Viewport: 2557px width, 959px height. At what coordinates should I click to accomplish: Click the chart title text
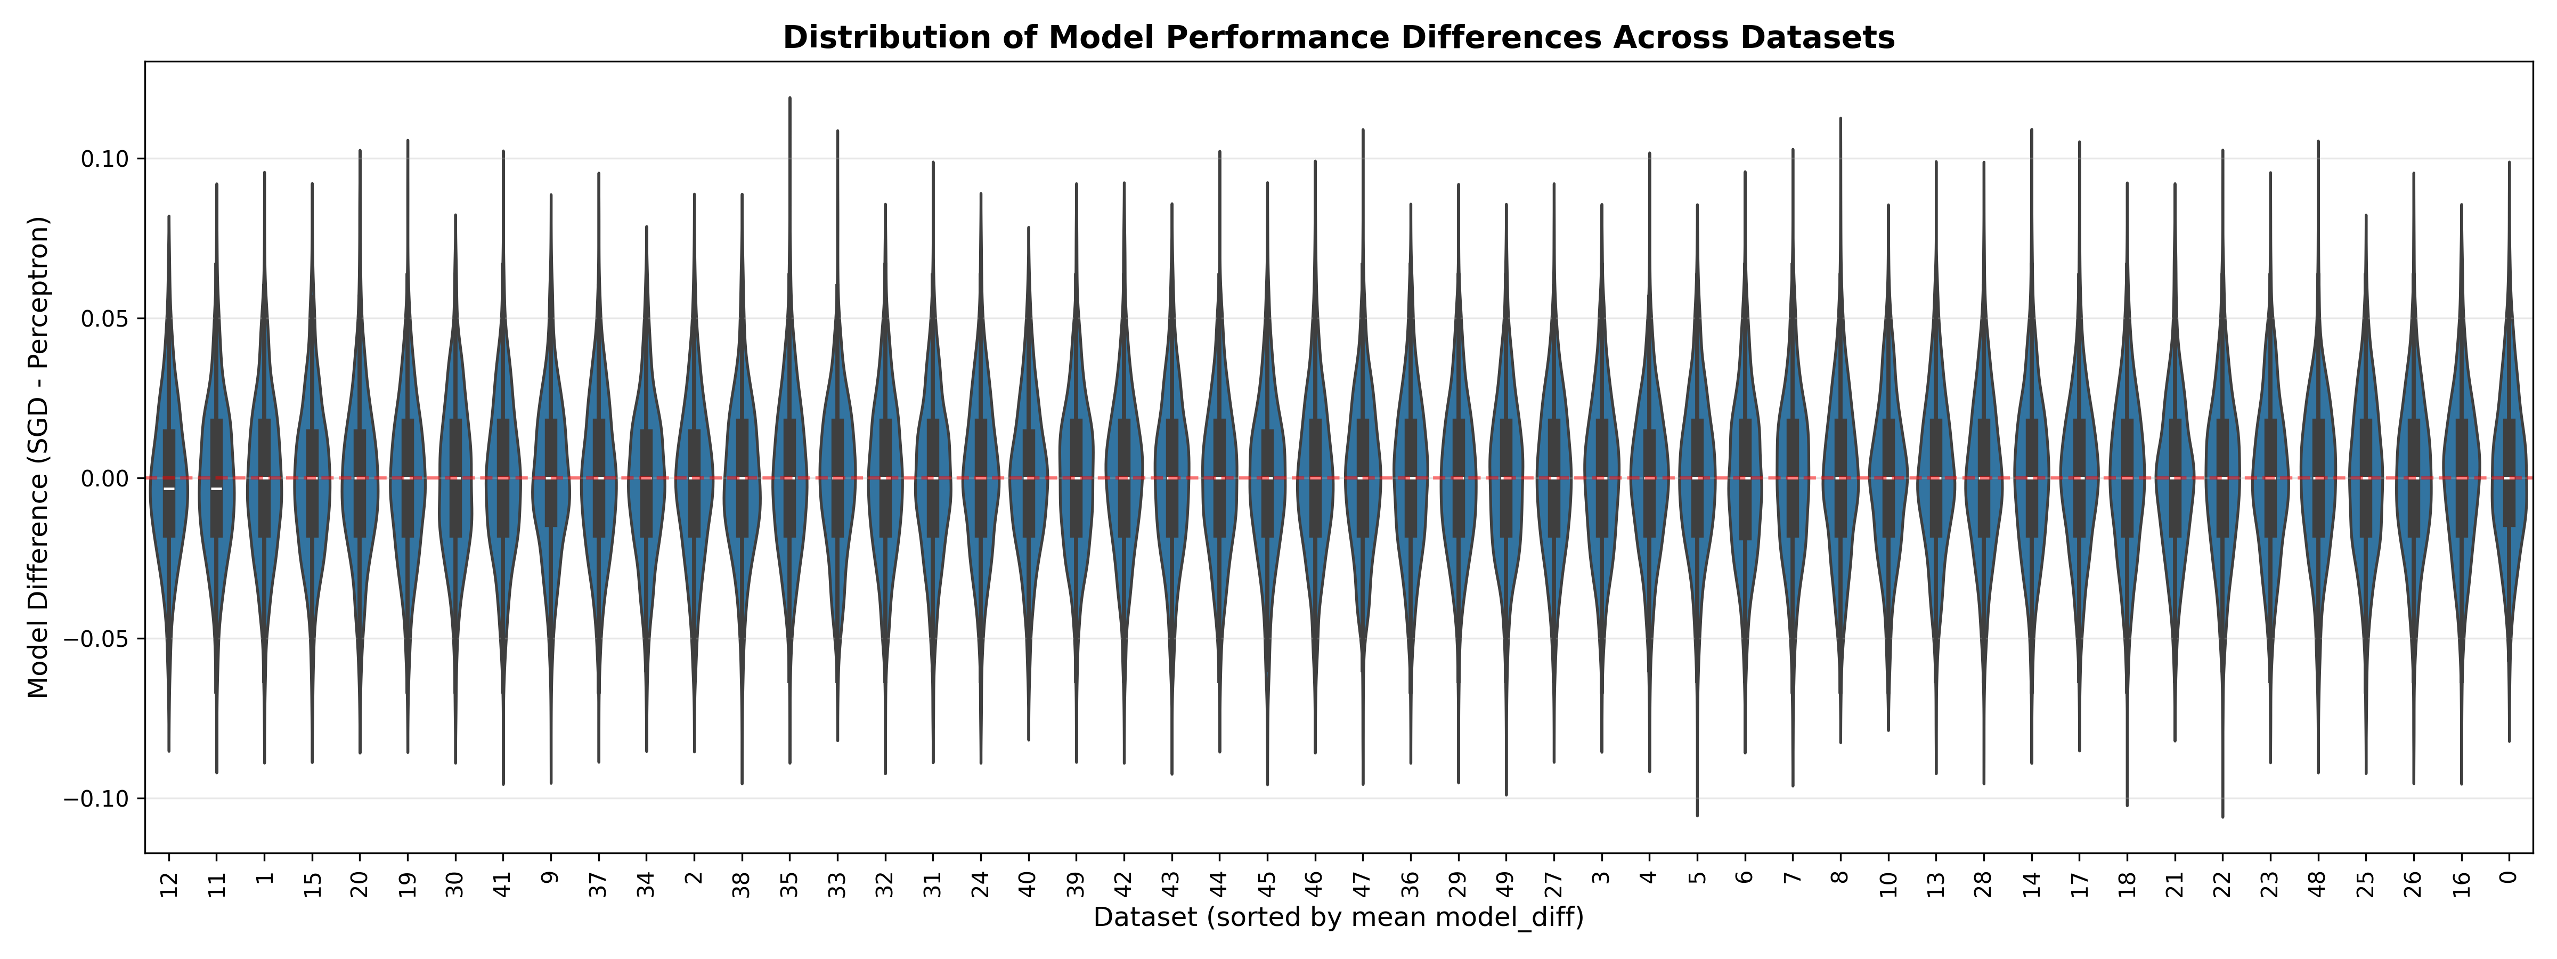tap(1338, 38)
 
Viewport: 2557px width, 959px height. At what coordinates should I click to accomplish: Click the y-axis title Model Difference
tap(38, 457)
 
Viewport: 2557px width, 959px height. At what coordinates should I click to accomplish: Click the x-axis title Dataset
tap(1338, 917)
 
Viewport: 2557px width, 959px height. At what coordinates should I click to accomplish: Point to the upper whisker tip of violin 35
tap(790, 98)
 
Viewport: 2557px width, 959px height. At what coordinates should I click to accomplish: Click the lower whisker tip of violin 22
tap(2222, 816)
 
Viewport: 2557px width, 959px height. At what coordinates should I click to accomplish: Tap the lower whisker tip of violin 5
tap(1697, 815)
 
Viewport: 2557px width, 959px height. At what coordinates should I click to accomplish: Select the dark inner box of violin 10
tap(1888, 478)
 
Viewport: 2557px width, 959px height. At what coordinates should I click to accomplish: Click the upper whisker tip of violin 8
tap(1841, 118)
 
